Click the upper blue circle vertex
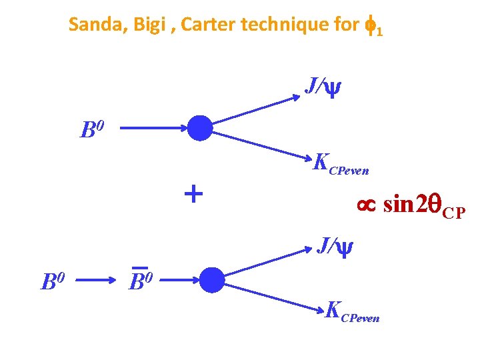199,128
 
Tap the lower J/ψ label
334,246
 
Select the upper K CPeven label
340,164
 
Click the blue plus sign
193,194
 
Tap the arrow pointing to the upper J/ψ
257,111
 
